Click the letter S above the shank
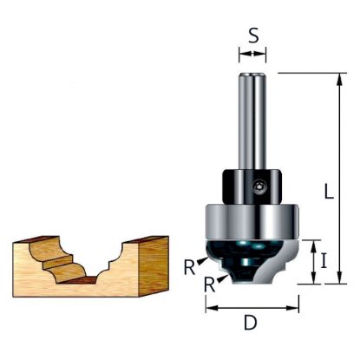coord(253,36)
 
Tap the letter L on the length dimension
coord(328,191)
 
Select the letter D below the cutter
coord(251,323)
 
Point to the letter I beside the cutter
coord(324,262)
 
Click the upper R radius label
coord(189,268)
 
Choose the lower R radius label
coord(209,285)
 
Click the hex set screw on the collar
coord(258,187)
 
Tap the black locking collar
coord(252,187)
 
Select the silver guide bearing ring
coord(252,222)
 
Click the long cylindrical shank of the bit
coord(252,121)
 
